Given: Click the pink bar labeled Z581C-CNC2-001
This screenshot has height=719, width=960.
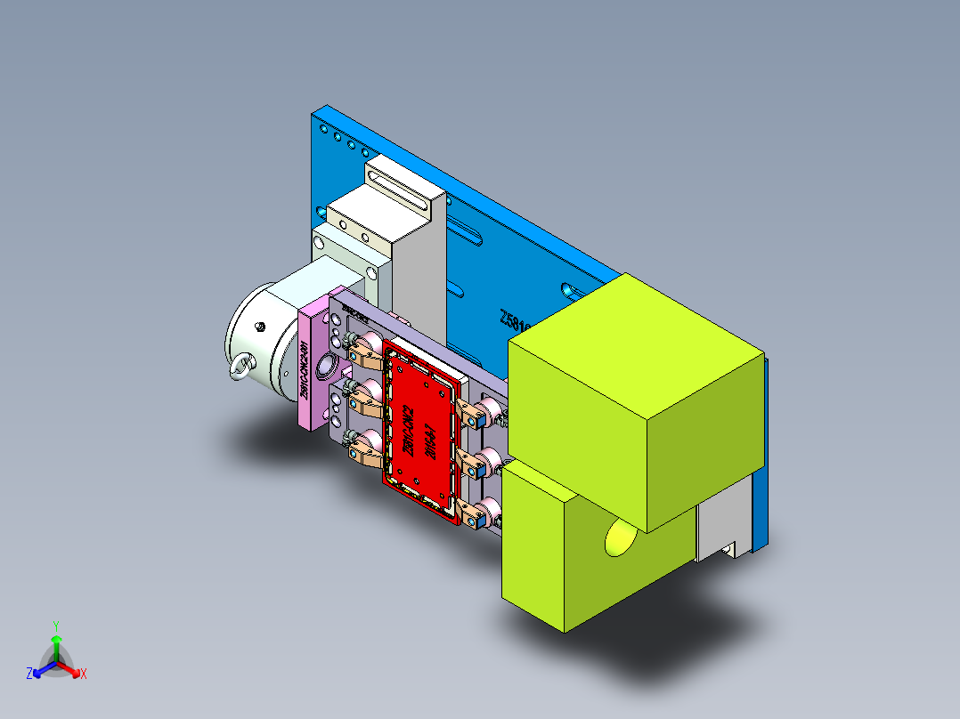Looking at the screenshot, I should click(x=312, y=365).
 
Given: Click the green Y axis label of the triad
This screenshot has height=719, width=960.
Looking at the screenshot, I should click(x=55, y=626).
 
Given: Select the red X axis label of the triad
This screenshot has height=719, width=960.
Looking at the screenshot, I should click(x=84, y=674).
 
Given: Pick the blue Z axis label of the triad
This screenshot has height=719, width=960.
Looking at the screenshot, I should click(x=29, y=674).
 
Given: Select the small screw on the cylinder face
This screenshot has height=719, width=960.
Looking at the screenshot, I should click(x=260, y=327).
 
